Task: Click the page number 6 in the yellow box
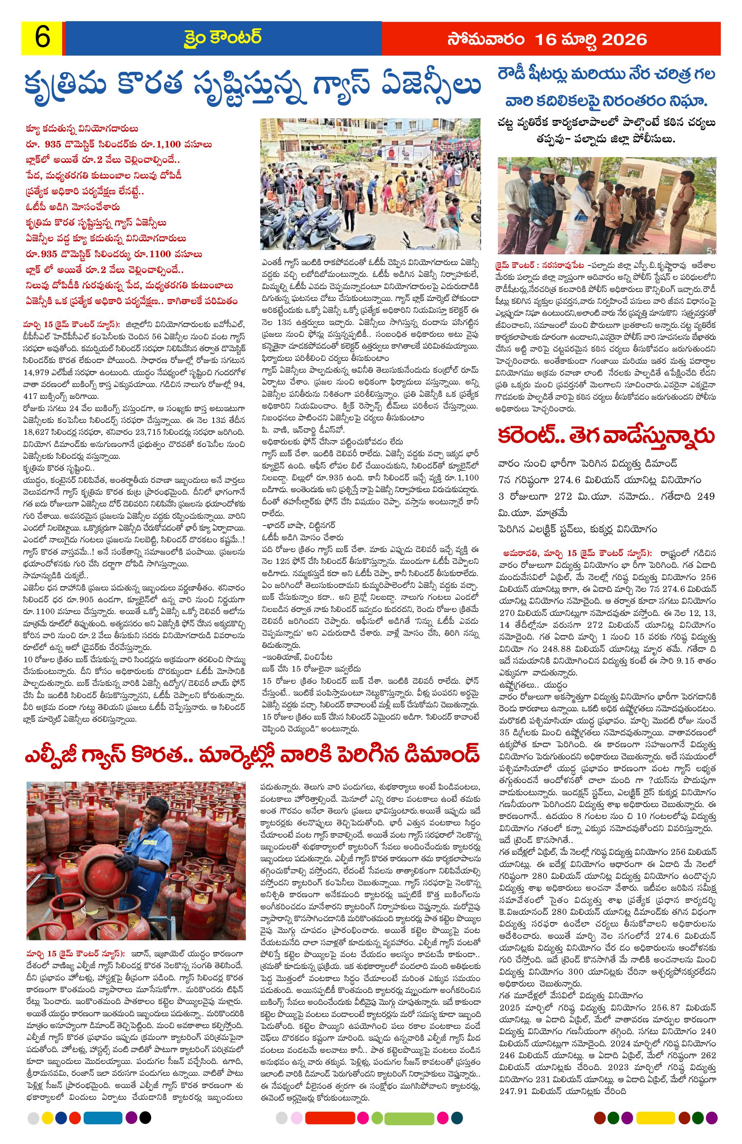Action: [x=42, y=38]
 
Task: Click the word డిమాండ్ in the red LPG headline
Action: [x=440, y=753]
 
